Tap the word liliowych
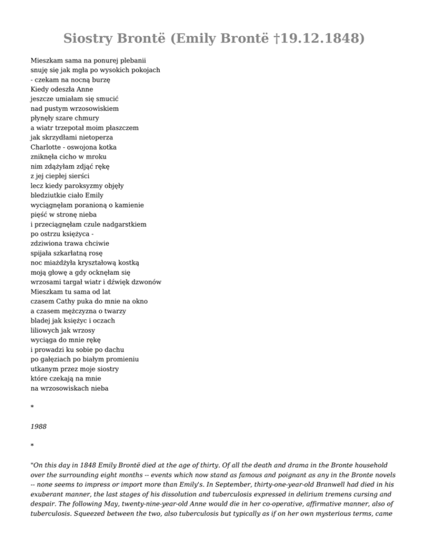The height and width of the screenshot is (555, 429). tap(46, 331)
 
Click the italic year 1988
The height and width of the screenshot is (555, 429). tap(39, 427)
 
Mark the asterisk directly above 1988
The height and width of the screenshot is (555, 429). tap(32, 408)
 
